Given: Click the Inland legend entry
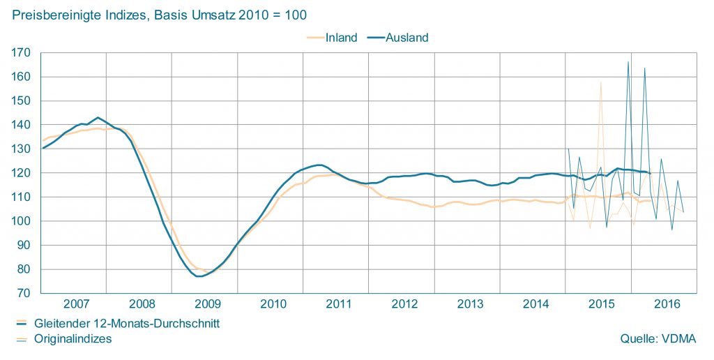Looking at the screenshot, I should [x=341, y=38].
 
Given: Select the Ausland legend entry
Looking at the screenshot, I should [x=407, y=38].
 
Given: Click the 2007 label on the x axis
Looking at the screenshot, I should [x=77, y=304].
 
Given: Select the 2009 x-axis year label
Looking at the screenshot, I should [x=208, y=304].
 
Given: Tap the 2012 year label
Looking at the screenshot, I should [x=404, y=304].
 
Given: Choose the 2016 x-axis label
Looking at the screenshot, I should [x=667, y=304].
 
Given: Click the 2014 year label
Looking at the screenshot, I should [x=535, y=304].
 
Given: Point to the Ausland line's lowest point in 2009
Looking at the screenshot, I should [x=199, y=276].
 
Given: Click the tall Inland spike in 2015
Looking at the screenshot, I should [x=600, y=82].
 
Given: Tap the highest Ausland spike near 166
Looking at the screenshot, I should [x=628, y=62].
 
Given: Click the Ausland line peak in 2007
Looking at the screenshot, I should [x=98, y=118].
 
